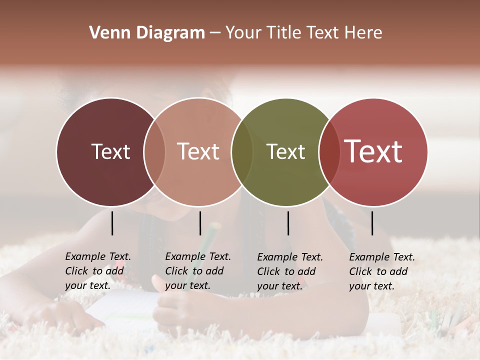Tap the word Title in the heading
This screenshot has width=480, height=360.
pos(285,33)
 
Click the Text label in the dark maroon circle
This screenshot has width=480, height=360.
pos(110,151)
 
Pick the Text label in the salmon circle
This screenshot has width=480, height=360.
pos(198,151)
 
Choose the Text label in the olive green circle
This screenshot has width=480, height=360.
pos(285,151)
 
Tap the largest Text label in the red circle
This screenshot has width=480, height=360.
pos(373,151)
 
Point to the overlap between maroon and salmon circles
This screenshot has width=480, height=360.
pos(154,151)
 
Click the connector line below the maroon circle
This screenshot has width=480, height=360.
pos(112,223)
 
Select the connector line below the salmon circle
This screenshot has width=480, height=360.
pos(200,223)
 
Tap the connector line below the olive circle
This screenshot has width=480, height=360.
pos(288,223)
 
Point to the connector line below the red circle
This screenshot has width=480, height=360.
pos(372,223)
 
